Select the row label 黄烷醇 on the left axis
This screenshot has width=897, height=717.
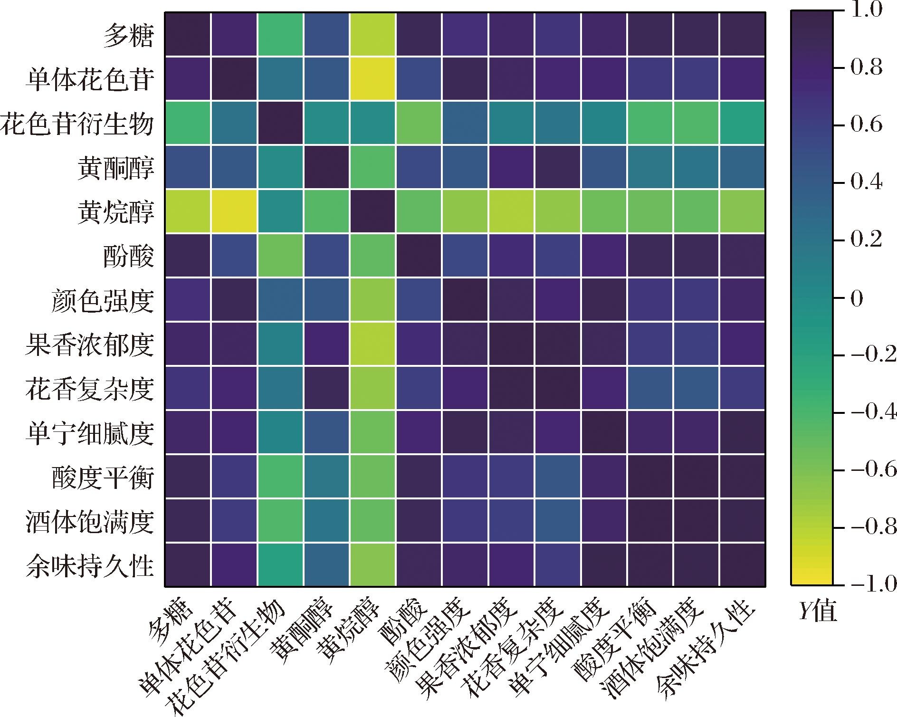(116, 212)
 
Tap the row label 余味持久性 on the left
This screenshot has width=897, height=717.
(90, 566)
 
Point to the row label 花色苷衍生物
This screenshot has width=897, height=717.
(77, 124)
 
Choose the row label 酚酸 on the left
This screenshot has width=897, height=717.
(129, 256)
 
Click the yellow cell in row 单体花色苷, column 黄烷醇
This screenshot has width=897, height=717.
(372, 78)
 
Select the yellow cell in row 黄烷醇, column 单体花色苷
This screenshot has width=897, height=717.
(234, 211)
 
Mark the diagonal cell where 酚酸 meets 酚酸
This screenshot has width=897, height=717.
(419, 256)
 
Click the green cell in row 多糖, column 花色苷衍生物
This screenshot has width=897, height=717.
(280, 34)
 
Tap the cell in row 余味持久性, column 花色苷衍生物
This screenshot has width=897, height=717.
(280, 565)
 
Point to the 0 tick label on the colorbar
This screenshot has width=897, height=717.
(857, 299)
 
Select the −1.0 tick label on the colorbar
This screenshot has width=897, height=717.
(874, 585)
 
